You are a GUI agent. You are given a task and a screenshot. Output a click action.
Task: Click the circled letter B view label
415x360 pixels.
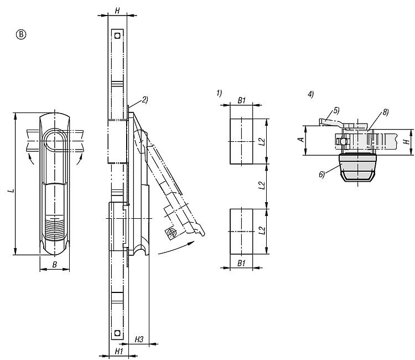(x=21, y=35)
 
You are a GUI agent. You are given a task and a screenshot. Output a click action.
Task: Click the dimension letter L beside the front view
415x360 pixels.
(x=11, y=190)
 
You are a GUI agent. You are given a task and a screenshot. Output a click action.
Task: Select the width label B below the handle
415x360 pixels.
(x=55, y=265)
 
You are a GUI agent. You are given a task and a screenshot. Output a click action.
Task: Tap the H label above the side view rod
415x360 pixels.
(x=117, y=11)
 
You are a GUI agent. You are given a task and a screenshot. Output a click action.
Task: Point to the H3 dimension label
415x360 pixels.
(x=139, y=340)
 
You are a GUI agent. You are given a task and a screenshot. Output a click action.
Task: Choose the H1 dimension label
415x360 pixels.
(x=119, y=351)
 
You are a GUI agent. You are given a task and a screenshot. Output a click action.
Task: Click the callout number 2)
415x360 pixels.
(x=145, y=100)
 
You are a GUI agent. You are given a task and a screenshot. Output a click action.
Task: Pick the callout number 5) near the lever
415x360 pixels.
(x=336, y=110)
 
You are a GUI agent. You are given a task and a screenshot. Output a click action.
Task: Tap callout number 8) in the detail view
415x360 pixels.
(x=385, y=112)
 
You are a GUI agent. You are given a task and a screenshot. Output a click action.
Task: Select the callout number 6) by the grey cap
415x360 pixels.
(x=322, y=174)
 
